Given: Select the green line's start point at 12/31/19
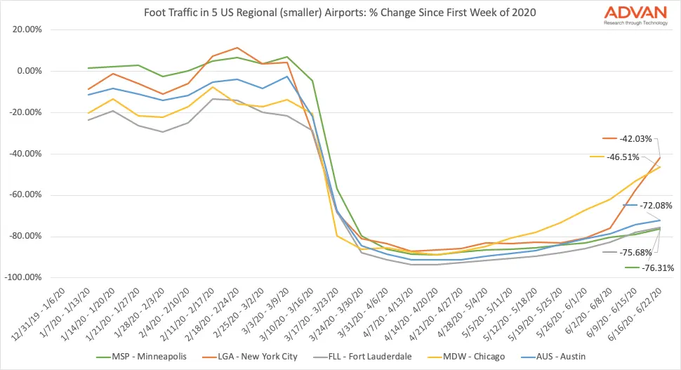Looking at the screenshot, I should click(88, 68).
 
